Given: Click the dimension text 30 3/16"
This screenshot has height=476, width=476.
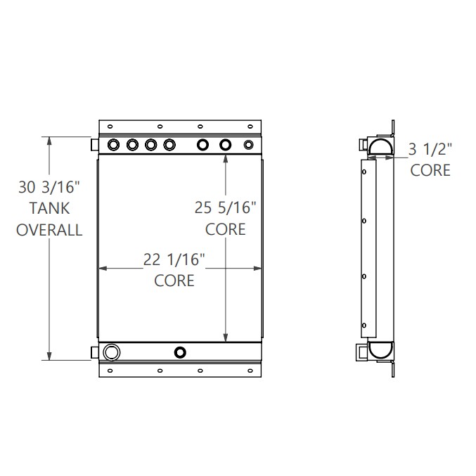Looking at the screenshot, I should tap(49, 187).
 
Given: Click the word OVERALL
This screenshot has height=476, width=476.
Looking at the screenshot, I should tap(49, 229).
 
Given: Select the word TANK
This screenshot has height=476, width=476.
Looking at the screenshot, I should tap(49, 208).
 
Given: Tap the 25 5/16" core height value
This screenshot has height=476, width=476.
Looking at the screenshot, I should tap(226, 207).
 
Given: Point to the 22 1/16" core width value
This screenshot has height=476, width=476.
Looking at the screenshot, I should tap(174, 259).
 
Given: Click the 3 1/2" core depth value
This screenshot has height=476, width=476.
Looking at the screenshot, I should tap(430, 148).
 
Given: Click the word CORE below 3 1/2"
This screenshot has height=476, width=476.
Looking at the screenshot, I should tap(430, 170).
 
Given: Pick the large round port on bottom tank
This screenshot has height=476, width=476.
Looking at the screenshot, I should tap(111, 352).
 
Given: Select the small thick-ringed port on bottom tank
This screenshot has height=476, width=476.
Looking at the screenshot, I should tap(181, 352).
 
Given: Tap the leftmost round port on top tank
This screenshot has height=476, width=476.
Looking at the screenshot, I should tap(113, 145).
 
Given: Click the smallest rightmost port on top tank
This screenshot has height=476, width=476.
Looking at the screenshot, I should tap(248, 145).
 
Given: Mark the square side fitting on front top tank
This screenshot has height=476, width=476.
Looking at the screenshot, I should tap(95, 145).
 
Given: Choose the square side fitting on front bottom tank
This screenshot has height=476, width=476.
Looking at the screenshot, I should tap(95, 352).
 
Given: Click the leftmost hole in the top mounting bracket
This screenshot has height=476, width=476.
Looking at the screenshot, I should tap(110, 127).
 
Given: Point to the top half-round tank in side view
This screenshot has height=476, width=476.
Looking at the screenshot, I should tap(380, 146).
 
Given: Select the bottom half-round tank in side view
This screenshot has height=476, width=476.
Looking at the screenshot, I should tap(380, 350).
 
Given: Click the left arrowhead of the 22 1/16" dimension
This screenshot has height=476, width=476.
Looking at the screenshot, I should tap(103, 268).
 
